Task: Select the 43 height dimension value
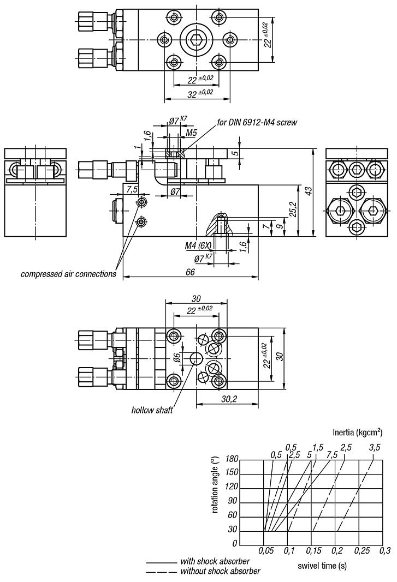click(x=308, y=192)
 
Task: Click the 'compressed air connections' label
click(x=68, y=274)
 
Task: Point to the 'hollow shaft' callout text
click(x=152, y=410)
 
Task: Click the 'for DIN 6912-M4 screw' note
click(x=257, y=122)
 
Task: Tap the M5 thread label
click(x=191, y=133)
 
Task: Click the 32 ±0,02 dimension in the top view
click(x=197, y=93)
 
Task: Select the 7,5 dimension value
click(x=132, y=189)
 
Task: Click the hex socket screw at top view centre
click(x=196, y=40)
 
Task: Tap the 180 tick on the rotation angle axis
click(x=231, y=459)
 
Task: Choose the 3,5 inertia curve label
click(x=374, y=448)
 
